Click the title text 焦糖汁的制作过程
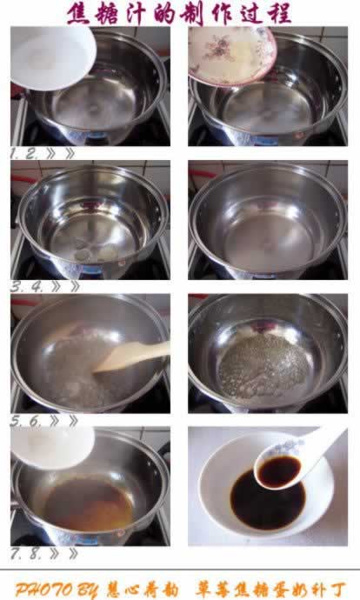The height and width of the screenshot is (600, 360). pyautogui.click(x=179, y=13)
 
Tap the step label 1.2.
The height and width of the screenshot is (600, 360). pyautogui.click(x=25, y=153)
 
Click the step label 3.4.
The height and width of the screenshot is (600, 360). pyautogui.click(x=25, y=285)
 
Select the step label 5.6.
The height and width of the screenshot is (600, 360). pyautogui.click(x=25, y=419)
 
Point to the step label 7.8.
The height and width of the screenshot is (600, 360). pyautogui.click(x=25, y=553)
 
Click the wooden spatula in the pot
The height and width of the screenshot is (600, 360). pyautogui.click(x=130, y=357)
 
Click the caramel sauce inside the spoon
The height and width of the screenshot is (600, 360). pyautogui.click(x=277, y=470)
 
